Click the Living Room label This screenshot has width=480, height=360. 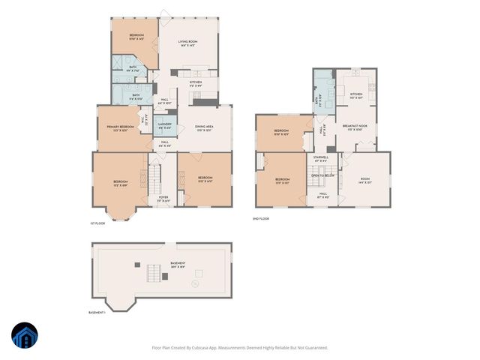(187, 42)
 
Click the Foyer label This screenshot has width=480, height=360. (163, 198)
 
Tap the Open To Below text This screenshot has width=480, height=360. (322, 175)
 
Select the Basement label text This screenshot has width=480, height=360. (178, 263)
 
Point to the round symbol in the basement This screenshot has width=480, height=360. (196, 283)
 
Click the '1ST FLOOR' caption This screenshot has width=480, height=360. (96, 223)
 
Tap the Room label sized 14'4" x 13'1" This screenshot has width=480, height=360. (365, 181)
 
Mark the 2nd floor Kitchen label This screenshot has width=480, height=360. (356, 94)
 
